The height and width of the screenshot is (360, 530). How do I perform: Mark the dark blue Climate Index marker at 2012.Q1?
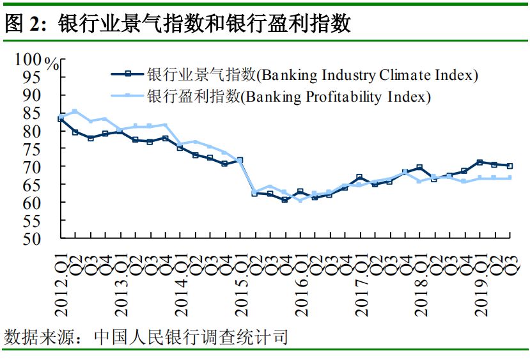(x=61, y=118)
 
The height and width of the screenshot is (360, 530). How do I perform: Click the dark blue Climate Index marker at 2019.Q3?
(x=510, y=166)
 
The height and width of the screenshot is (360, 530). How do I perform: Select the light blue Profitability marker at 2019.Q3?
(x=510, y=178)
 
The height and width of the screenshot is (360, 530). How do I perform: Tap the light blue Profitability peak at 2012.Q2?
(x=75, y=111)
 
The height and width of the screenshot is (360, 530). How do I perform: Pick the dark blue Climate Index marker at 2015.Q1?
(x=240, y=160)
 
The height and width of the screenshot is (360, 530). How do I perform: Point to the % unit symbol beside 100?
(x=53, y=64)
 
